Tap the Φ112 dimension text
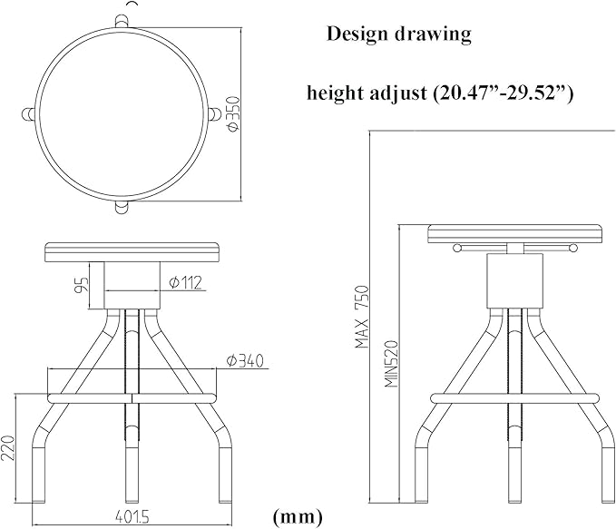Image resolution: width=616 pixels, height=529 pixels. [185, 282]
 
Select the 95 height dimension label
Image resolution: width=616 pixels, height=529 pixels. [83, 285]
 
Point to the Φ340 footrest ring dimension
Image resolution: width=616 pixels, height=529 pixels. [245, 361]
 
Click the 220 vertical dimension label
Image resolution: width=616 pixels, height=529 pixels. [8, 447]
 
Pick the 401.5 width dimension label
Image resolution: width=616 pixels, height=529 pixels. [132, 517]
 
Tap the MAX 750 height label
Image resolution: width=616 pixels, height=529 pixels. [362, 318]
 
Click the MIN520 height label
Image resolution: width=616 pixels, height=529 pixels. [392, 364]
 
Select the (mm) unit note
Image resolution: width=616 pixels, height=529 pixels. [298, 516]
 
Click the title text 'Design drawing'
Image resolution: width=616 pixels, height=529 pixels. [399, 34]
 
